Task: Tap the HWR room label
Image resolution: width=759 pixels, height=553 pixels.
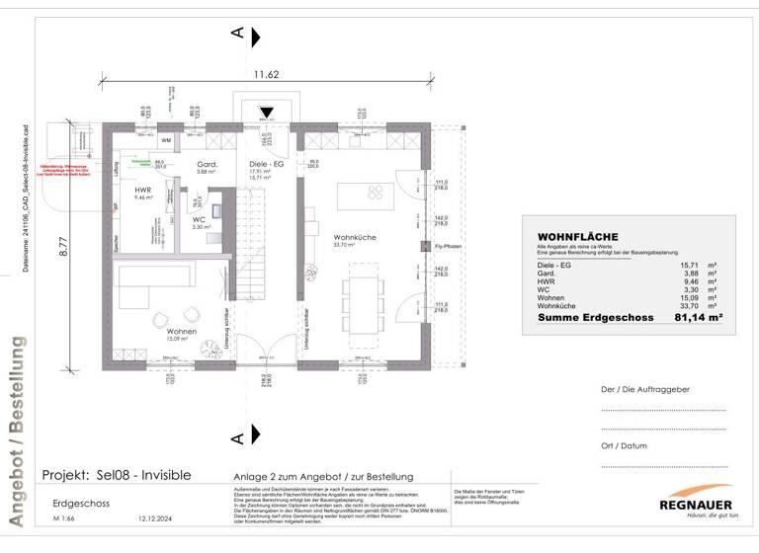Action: pos(143,192)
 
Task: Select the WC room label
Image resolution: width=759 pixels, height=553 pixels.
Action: pos(199,220)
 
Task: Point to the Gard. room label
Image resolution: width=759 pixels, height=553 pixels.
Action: pos(207,165)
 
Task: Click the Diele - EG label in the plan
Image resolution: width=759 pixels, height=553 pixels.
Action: pos(266,165)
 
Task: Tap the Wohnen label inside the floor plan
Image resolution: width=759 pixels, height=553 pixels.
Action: pos(181,332)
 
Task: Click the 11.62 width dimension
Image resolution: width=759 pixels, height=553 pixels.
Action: pos(265,74)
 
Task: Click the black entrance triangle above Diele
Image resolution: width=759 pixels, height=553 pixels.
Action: pos(265,113)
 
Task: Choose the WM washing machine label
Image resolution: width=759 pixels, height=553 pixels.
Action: pos(166,141)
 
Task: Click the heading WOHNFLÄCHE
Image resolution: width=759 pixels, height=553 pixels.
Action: pos(577,237)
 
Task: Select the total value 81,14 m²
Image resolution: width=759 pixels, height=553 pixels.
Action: pos(698,318)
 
